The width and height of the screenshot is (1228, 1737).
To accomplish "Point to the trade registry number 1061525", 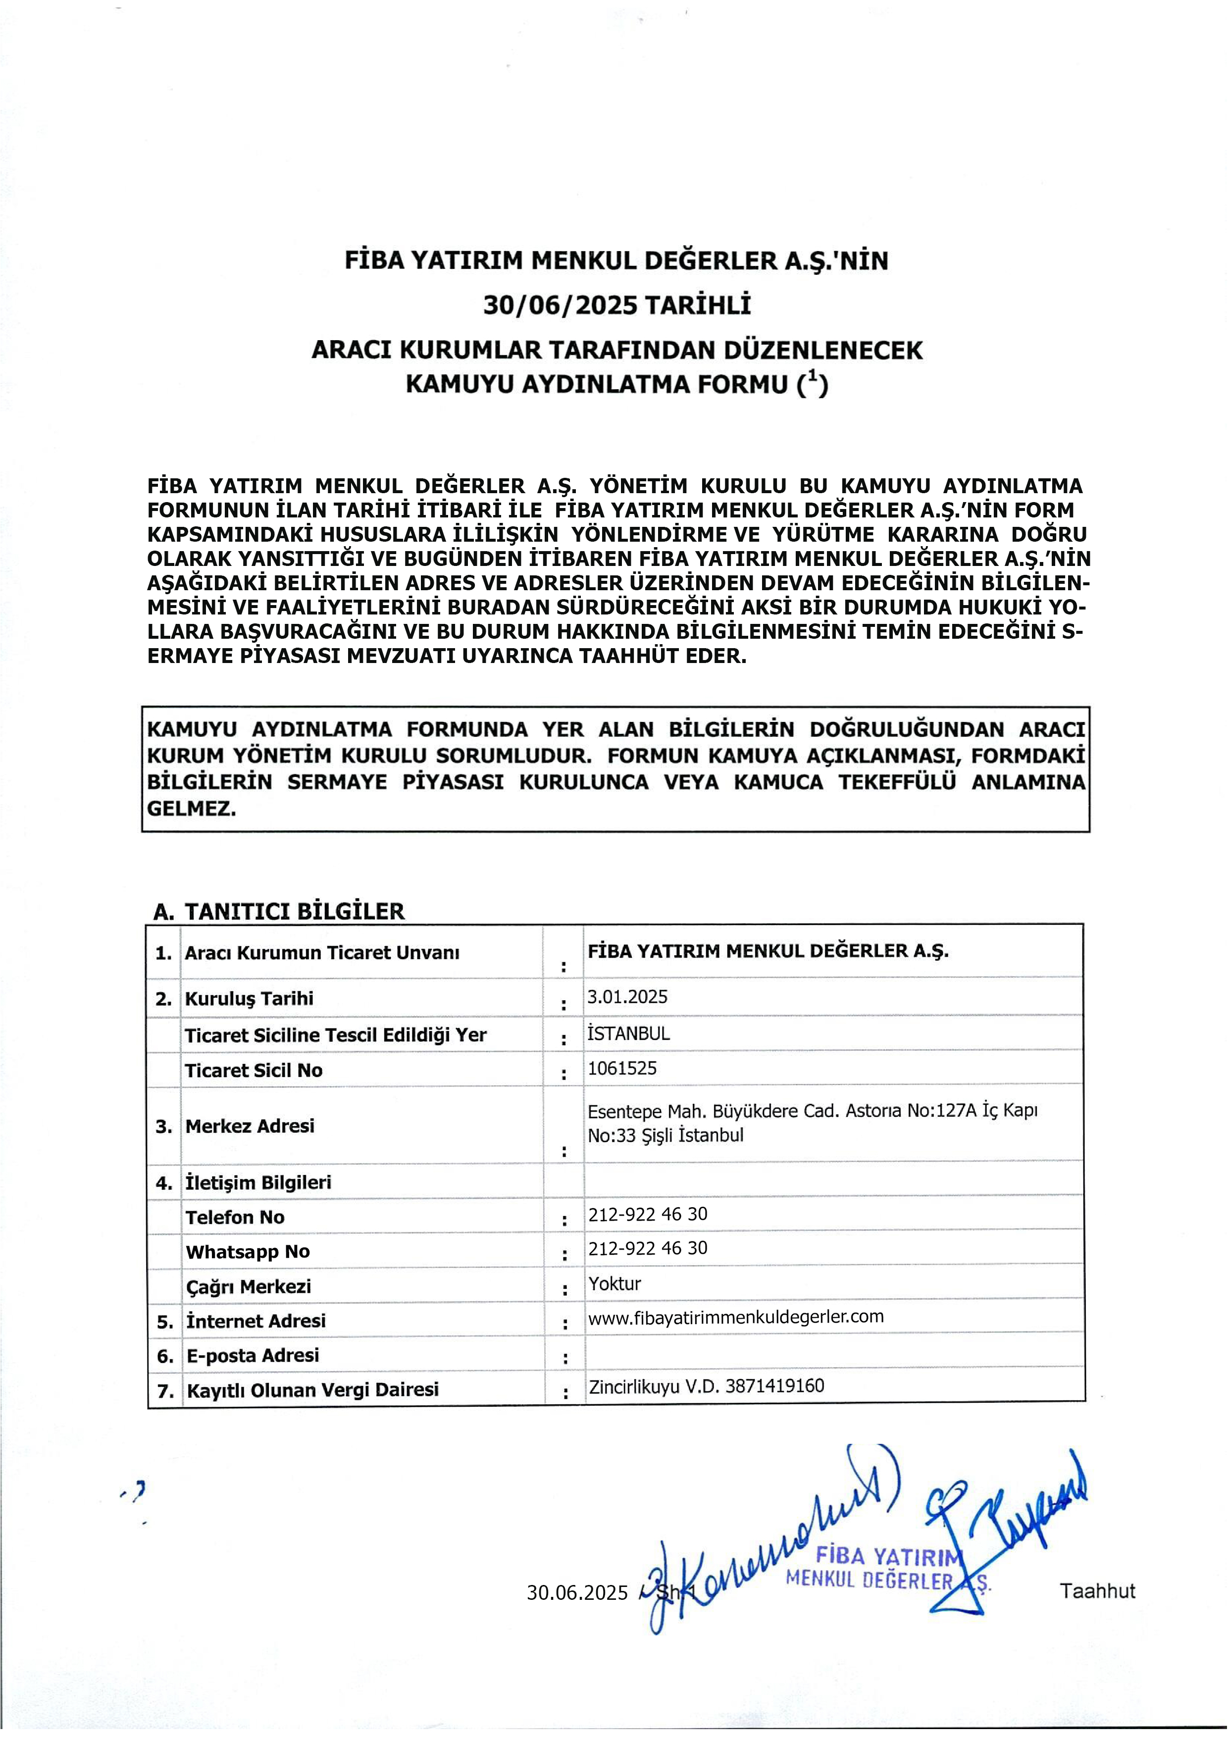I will (622, 1068).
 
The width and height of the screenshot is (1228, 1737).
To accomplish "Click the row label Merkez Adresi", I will (250, 1125).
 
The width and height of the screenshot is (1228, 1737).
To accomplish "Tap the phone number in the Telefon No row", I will (648, 1214).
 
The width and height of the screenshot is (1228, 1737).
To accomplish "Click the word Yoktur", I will (614, 1283).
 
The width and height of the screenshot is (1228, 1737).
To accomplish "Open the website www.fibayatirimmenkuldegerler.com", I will (735, 1317).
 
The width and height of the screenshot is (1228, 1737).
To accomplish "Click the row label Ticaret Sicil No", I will (254, 1070).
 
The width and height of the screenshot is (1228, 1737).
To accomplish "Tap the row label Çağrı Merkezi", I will (248, 1286).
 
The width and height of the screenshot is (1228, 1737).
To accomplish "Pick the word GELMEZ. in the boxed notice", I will (192, 808).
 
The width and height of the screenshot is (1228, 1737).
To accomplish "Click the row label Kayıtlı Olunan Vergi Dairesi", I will (312, 1389).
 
